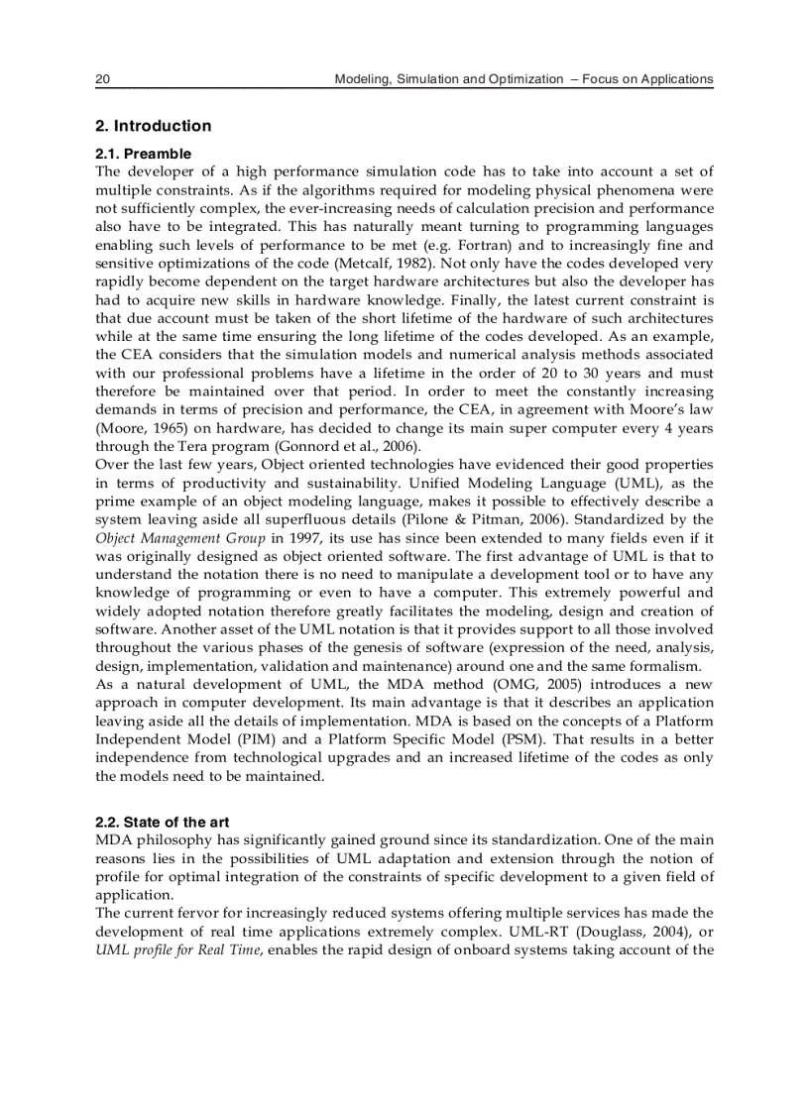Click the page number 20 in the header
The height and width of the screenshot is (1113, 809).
(102, 79)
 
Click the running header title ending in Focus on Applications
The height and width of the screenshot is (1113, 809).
(523, 79)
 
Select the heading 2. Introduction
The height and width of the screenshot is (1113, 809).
(153, 126)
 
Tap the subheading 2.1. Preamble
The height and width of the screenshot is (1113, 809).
(143, 154)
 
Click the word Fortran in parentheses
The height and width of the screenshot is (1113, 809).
(589, 245)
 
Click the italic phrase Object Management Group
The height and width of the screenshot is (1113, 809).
(180, 538)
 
